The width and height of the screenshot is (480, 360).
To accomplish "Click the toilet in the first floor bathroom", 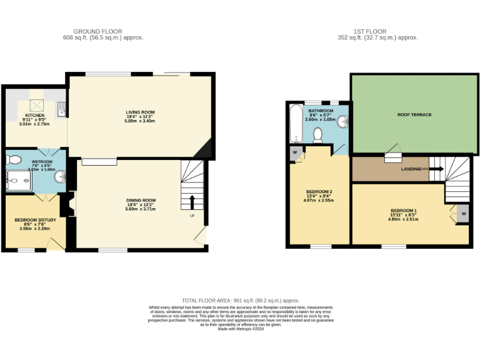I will point(318,134).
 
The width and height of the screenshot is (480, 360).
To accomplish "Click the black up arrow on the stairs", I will point(192,201).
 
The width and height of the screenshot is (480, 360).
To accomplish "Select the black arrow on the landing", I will point(436,169).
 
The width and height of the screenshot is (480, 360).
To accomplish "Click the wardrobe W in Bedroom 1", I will point(463,214).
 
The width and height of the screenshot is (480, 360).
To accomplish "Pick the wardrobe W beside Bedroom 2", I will point(294,152).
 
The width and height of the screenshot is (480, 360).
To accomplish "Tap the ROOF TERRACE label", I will point(414,115).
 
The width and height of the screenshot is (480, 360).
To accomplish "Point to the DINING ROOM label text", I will point(140,200).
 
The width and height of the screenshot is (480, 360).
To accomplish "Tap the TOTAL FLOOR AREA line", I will point(241,300).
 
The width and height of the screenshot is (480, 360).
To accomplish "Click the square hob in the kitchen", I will point(36,106).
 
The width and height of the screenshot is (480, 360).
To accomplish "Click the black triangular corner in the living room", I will point(205,149).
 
